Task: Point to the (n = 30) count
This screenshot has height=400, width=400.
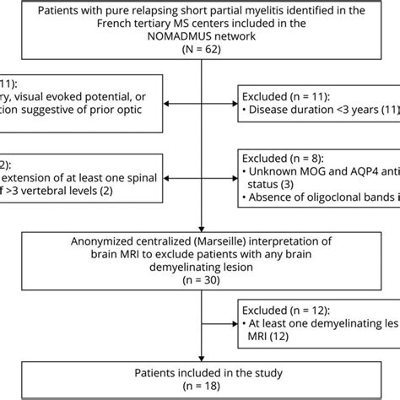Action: [201, 279]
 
